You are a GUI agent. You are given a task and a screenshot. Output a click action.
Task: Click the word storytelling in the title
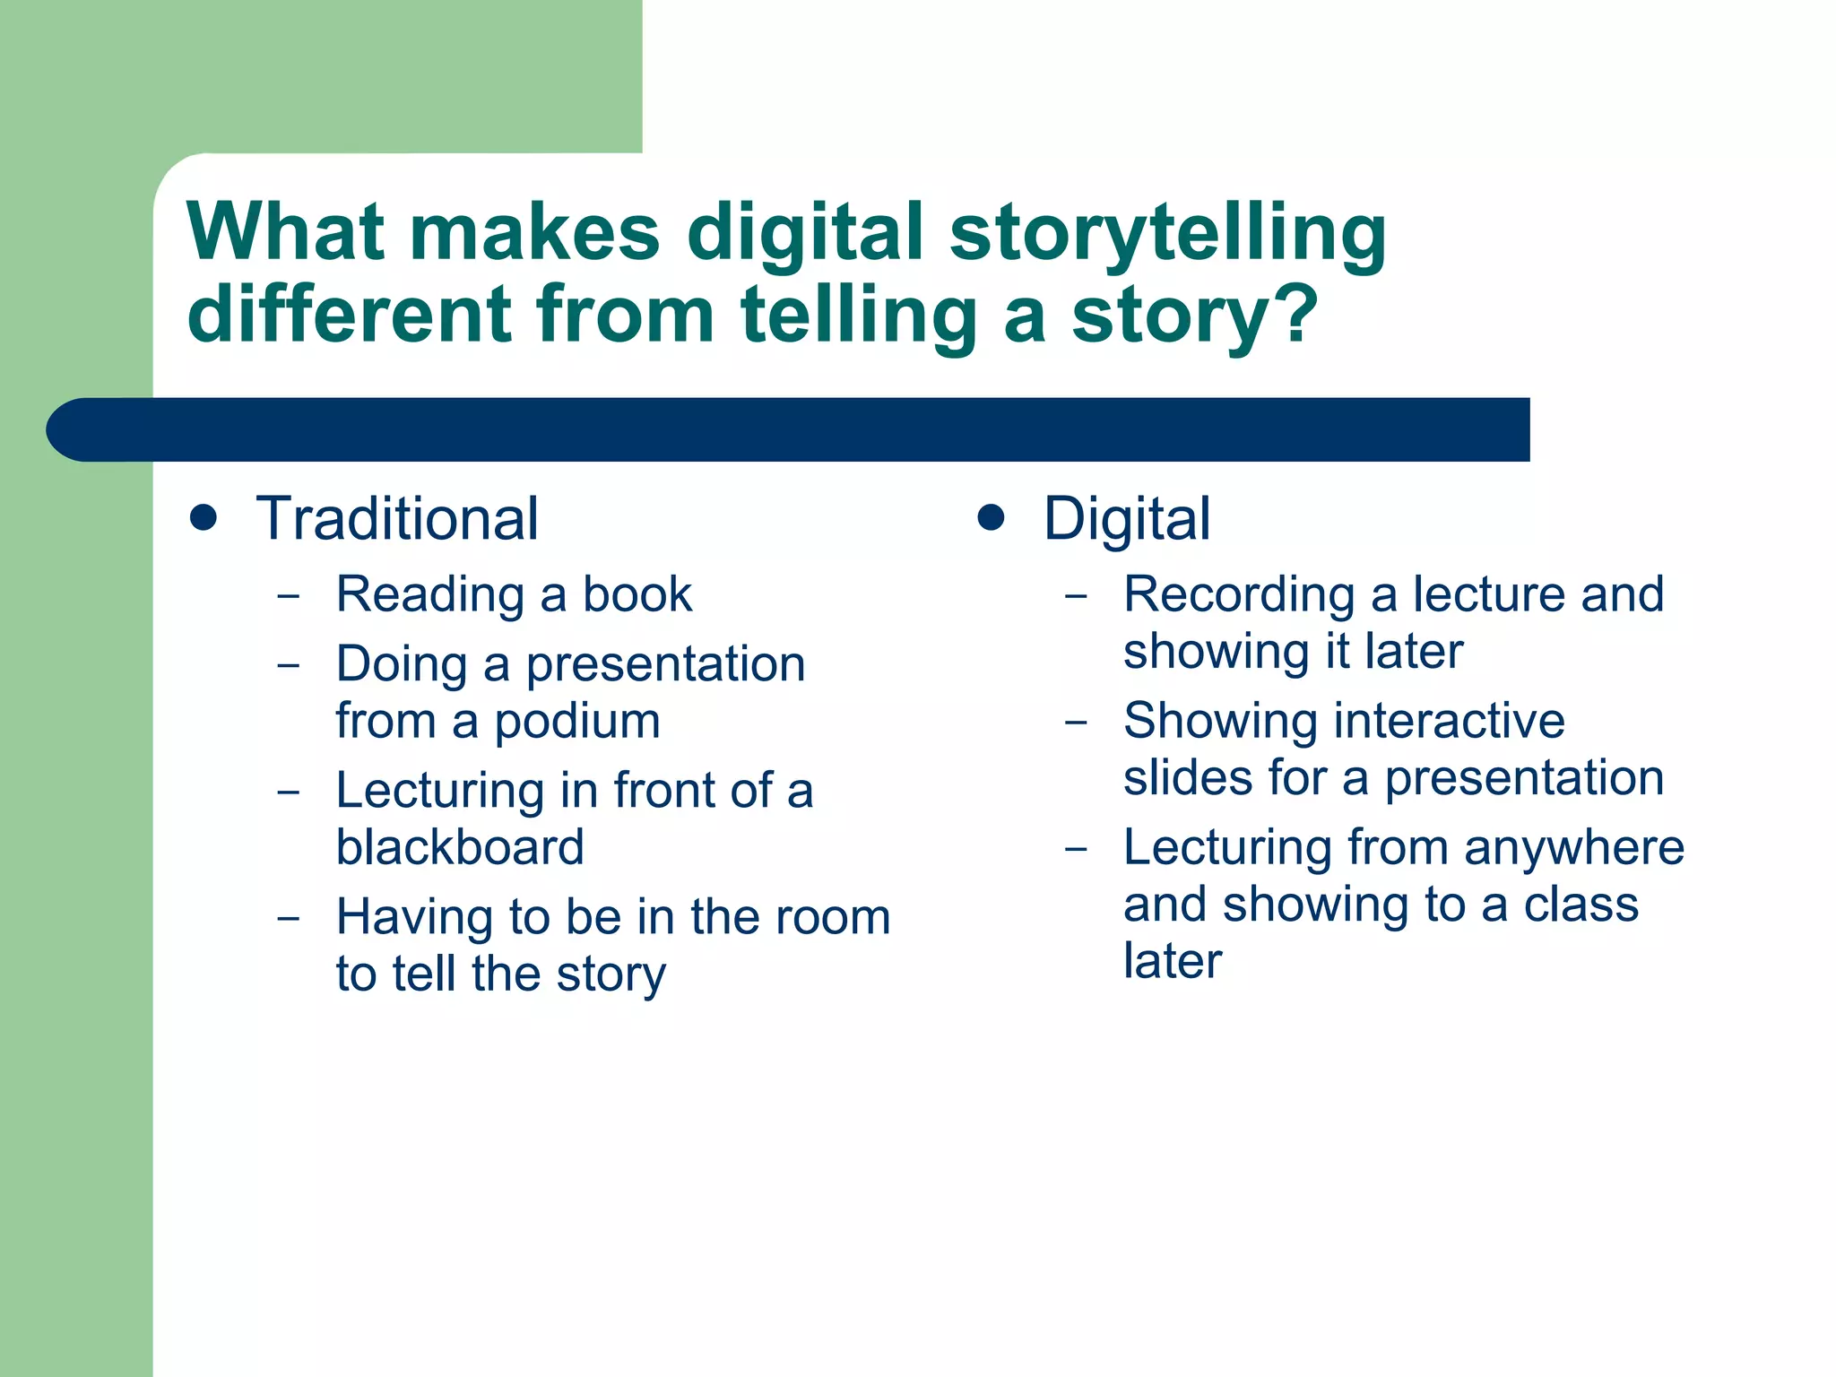tap(1167, 235)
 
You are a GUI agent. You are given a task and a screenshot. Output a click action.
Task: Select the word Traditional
tap(397, 519)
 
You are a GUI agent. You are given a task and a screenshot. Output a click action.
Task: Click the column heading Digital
tap(1126, 519)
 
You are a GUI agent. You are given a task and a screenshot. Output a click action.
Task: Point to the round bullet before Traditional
tap(204, 517)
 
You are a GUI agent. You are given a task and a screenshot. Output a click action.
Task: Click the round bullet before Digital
tap(991, 517)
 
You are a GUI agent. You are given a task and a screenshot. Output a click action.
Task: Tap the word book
tap(637, 594)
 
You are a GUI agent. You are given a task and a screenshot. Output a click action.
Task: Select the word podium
tap(577, 722)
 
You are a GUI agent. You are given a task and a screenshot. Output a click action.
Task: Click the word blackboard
tap(460, 847)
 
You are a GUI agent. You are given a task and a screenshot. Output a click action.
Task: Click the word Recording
tap(1239, 594)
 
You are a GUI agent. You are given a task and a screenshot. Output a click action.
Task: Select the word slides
tap(1180, 777)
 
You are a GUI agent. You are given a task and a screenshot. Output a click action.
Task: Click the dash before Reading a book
tap(289, 595)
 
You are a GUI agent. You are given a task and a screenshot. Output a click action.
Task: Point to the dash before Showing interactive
tap(1076, 722)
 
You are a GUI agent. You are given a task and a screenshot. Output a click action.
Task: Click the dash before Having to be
tap(289, 918)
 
